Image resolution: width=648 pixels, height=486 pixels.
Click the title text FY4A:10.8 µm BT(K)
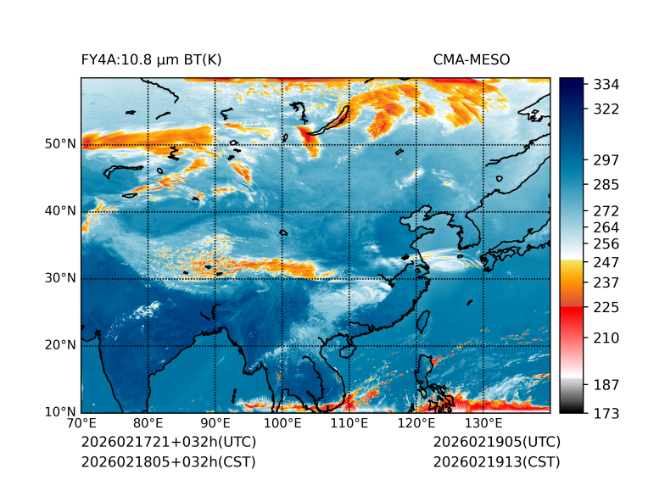pos(152,59)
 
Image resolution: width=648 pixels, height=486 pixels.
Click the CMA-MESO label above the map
pos(472,59)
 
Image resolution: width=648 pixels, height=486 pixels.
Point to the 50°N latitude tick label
pos(60,144)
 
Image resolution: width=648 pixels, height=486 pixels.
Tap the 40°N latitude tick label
pos(60,211)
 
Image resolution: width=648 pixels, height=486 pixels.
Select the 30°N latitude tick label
pos(60,278)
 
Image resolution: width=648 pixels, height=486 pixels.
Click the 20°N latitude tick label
pos(60,345)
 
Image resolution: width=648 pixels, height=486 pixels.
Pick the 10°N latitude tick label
pos(60,412)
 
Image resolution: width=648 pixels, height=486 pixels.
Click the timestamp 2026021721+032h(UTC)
pos(168,442)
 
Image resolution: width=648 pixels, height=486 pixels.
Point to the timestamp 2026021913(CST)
pos(496,461)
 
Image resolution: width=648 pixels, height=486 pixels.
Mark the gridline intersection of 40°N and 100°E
pos(282,211)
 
